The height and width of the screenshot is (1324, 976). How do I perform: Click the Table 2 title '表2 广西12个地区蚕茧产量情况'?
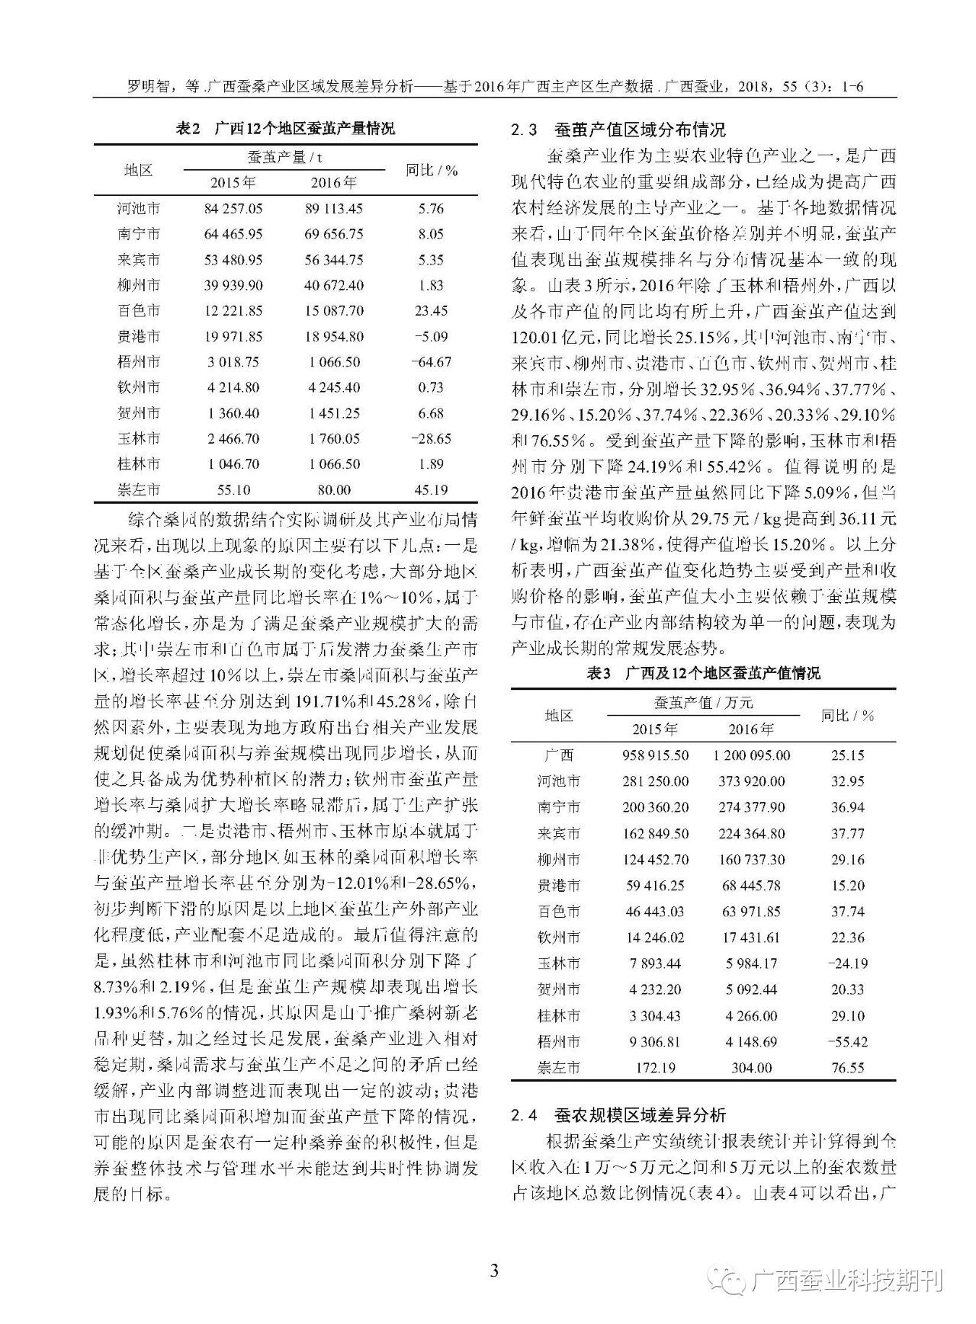[x=285, y=128]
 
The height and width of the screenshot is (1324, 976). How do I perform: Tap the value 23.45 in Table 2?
[x=431, y=310]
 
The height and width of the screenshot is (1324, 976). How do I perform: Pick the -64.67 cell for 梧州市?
[x=431, y=361]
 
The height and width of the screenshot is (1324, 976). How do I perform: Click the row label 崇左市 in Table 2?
[x=139, y=489]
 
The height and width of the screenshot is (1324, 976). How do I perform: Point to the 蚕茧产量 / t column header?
[x=284, y=157]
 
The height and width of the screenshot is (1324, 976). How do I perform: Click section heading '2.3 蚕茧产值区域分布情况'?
[x=618, y=130]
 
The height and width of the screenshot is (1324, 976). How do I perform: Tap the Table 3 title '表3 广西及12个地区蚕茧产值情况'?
[x=703, y=673]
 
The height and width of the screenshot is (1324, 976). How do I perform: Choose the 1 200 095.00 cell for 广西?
[x=752, y=755]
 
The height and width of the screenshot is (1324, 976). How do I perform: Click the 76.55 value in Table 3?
[x=848, y=1068]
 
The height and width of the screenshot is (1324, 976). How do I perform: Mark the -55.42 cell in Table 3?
[x=848, y=1041]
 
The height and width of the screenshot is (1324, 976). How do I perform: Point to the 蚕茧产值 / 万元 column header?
[x=703, y=702]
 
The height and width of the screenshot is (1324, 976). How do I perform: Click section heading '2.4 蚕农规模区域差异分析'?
[x=618, y=1115]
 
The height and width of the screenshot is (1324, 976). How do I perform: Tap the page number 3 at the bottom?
[x=494, y=1271]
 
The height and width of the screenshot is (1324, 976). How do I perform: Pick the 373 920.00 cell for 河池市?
[x=752, y=781]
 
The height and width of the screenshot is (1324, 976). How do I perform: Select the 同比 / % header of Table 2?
[x=432, y=170]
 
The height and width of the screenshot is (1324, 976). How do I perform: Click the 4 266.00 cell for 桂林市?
[x=752, y=1015]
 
